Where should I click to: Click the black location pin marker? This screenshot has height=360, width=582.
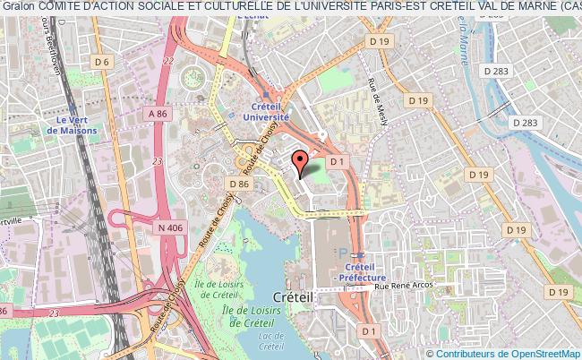tap(301, 159)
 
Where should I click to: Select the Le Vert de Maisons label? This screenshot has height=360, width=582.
tap(76, 124)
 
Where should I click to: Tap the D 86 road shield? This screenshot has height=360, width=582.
tap(237, 184)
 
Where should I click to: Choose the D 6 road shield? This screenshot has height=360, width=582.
tap(103, 62)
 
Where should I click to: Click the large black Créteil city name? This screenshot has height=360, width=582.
tap(294, 296)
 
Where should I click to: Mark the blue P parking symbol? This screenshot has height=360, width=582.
tap(341, 254)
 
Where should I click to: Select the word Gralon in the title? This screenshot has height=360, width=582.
tap(18, 7)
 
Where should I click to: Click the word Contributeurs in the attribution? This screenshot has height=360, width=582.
tap(465, 354)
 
